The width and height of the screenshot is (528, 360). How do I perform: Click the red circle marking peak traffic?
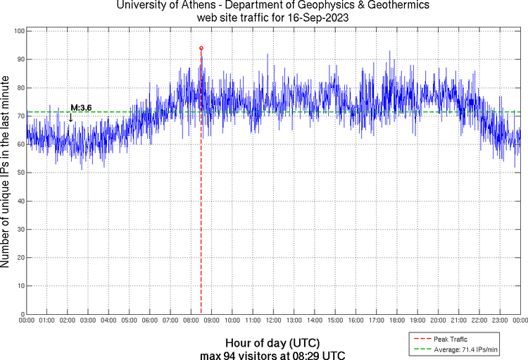coord(201,49)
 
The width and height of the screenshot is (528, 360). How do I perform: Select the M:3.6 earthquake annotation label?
coord(81,108)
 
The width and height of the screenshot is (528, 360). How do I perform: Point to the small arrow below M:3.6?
coord(70,118)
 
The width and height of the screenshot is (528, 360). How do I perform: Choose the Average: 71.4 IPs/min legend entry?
coord(466,349)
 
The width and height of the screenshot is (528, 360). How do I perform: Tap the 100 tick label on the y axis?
coord(20,32)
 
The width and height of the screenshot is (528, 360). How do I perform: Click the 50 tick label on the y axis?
coord(21,173)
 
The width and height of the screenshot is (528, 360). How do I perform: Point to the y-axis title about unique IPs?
coord(6,173)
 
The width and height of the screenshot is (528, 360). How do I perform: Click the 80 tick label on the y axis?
coord(21,88)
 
